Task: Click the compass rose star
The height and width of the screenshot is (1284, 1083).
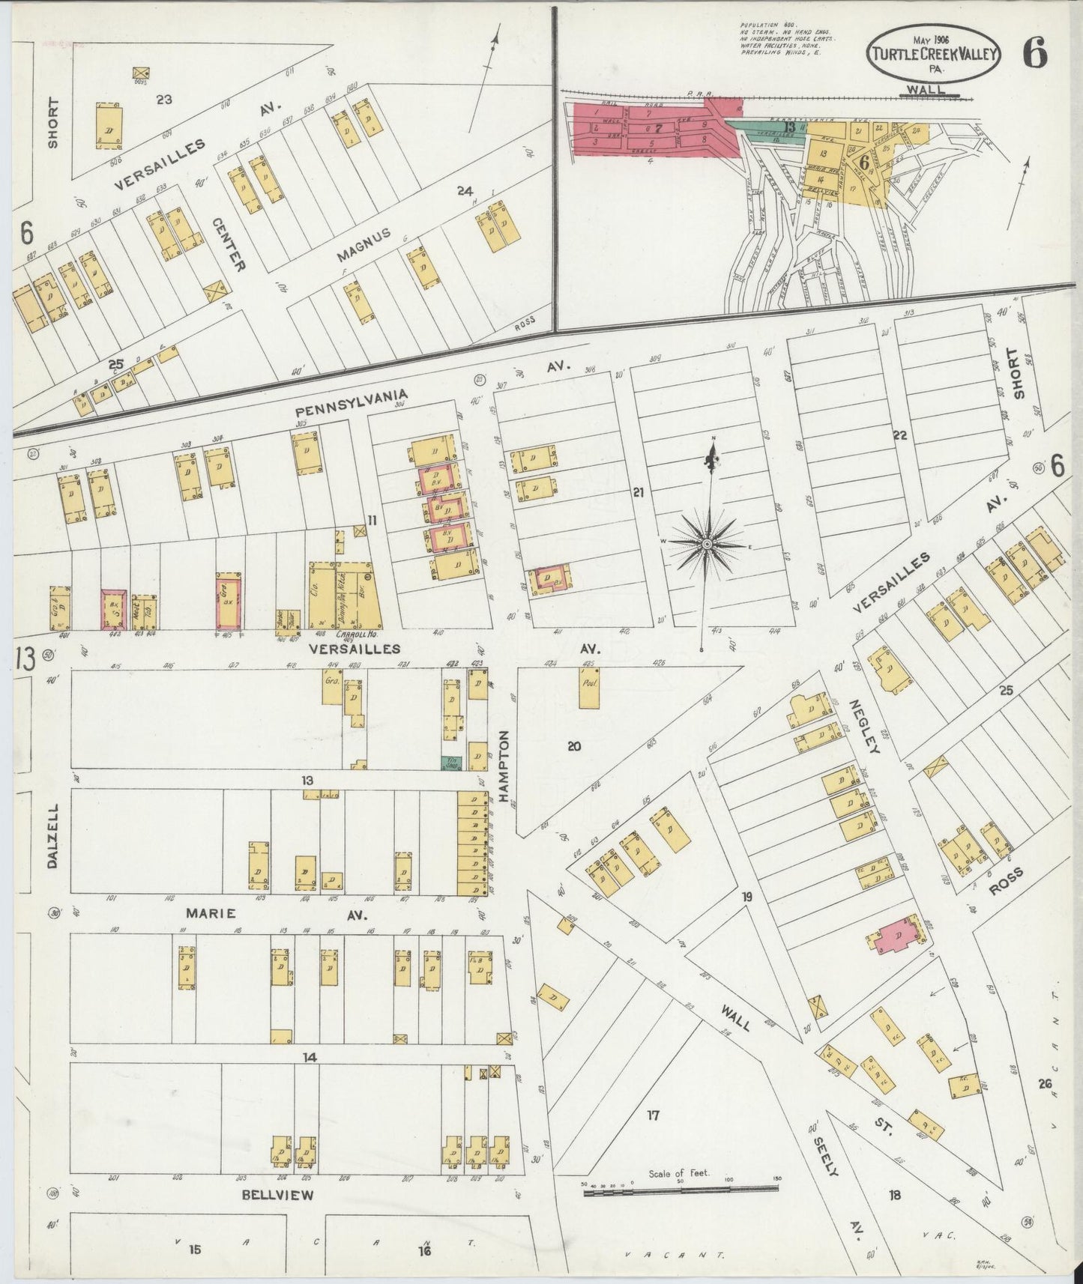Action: point(706,542)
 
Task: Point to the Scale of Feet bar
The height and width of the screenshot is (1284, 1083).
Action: point(681,1188)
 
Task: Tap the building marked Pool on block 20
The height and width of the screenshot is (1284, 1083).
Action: point(588,689)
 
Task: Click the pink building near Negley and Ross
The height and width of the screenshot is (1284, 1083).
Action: point(897,933)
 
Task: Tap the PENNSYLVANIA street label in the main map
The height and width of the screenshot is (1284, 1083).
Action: point(351,405)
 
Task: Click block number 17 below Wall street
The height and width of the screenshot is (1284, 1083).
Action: point(653,1115)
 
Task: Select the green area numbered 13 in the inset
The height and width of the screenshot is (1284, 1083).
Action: point(772,127)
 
